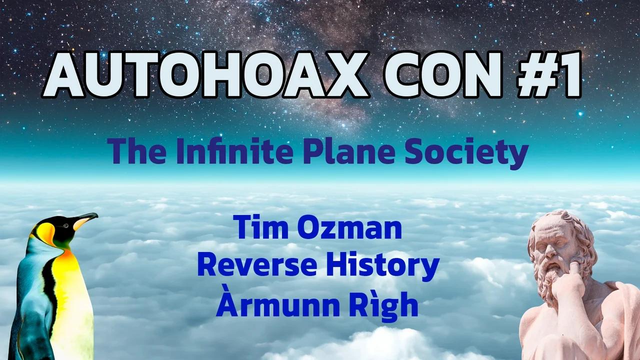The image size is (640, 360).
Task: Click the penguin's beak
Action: [x=85, y=219]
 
